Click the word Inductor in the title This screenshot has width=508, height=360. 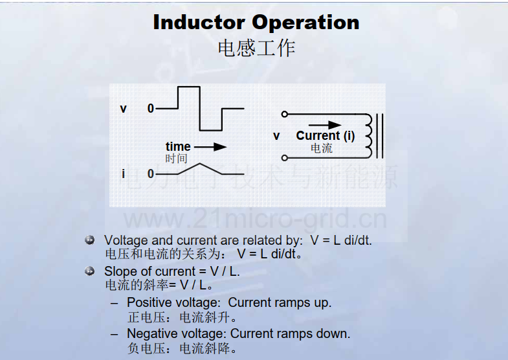pos(199,23)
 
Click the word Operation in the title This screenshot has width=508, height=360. pos(305,23)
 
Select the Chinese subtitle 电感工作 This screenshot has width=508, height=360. pos(256,49)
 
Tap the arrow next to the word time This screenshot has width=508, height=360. pos(210,147)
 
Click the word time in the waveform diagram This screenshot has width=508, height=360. pos(178,146)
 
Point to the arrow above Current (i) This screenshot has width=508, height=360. pos(325,125)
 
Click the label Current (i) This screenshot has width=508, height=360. pos(326,135)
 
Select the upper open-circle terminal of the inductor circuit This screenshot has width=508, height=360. pos(285,114)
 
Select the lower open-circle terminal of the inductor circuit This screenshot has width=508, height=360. pos(285,158)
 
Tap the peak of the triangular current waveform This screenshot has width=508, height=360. pos(200,163)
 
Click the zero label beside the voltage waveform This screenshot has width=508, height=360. pos(151,108)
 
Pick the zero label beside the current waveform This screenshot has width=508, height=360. pos(151,174)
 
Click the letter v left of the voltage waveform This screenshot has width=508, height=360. pos(123,109)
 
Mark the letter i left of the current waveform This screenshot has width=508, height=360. pos(123,174)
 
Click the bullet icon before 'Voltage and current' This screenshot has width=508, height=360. pos(89,240)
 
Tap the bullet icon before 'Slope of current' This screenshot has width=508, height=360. pos(89,271)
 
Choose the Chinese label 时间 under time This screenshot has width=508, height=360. pos(176,159)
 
